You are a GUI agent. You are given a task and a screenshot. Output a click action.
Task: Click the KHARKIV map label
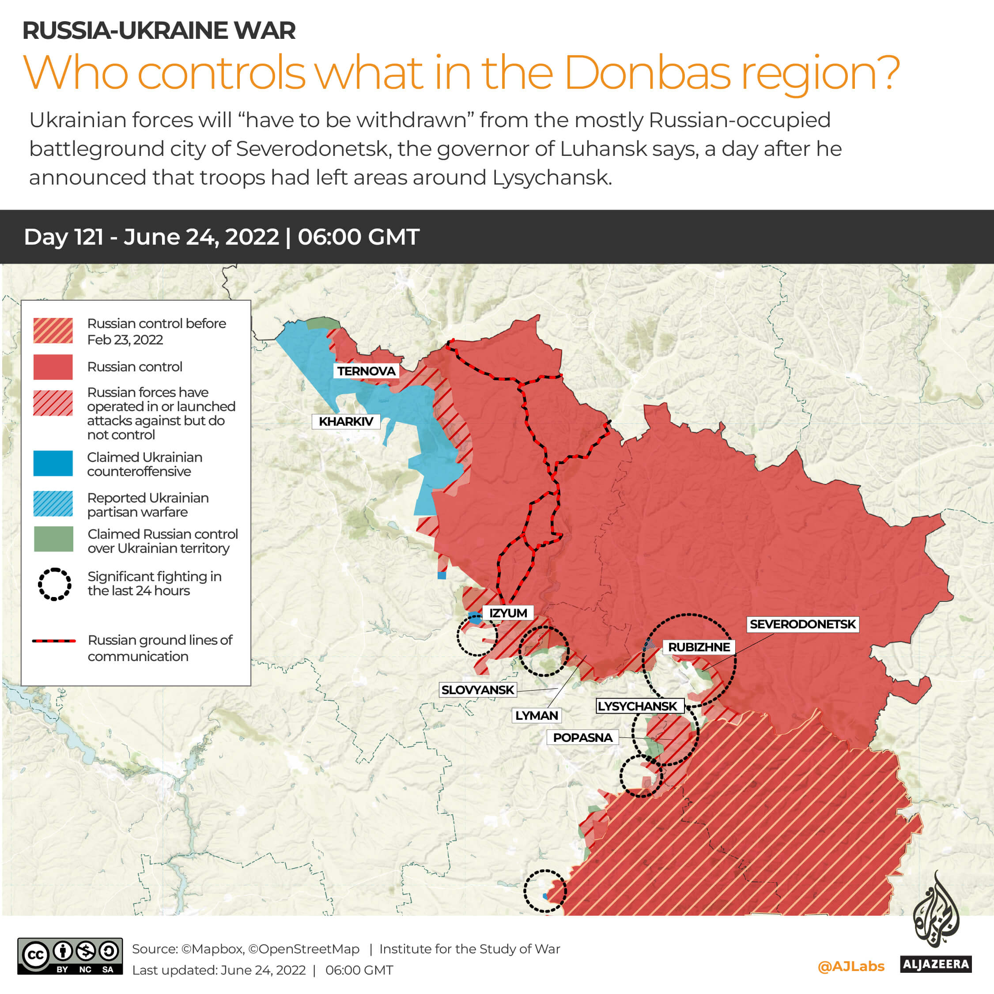pyautogui.click(x=346, y=421)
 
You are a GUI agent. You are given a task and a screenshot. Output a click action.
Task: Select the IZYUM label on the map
pyautogui.click(x=508, y=613)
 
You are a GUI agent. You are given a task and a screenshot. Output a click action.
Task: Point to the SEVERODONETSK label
pyautogui.click(x=802, y=624)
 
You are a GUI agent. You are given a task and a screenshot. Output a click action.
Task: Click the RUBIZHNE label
pyautogui.click(x=699, y=647)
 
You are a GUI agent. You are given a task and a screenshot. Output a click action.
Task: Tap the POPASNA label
pyautogui.click(x=582, y=737)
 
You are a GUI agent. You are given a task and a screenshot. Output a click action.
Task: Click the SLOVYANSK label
pyautogui.click(x=477, y=689)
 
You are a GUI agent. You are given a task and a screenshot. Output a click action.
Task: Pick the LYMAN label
pyautogui.click(x=536, y=715)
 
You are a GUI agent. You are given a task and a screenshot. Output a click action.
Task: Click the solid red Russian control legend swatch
pyautogui.click(x=53, y=367)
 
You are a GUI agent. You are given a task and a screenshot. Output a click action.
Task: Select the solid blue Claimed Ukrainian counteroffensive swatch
pyautogui.click(x=53, y=463)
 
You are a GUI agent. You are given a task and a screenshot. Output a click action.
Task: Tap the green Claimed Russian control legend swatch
pyautogui.click(x=53, y=539)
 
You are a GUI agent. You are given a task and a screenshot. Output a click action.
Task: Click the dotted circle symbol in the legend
pyautogui.click(x=54, y=584)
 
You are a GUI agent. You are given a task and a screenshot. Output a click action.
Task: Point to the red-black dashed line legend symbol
pyautogui.click(x=54, y=641)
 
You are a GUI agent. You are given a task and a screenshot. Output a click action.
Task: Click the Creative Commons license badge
pyautogui.click(x=70, y=956)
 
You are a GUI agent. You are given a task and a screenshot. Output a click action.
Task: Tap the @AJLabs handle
pyautogui.click(x=851, y=966)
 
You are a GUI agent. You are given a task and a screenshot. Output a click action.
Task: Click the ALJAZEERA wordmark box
pyautogui.click(x=935, y=964)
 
